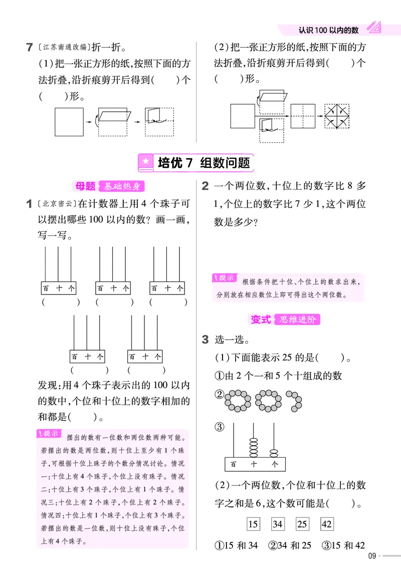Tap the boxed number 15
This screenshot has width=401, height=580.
pos(253,524)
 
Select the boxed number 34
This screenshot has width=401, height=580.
pos(278,524)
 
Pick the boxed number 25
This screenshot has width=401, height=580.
pos(302,524)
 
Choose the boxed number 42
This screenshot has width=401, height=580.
pos(327,524)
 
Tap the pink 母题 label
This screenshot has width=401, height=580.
pos(85,186)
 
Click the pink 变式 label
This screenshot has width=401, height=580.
pos(261,320)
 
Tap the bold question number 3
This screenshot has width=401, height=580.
pos(205,340)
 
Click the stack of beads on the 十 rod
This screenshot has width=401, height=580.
pos(254,446)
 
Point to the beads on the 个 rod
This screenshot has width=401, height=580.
pos(274,453)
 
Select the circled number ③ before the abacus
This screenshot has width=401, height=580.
pos(219,427)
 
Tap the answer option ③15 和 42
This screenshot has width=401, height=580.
pos(343,545)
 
